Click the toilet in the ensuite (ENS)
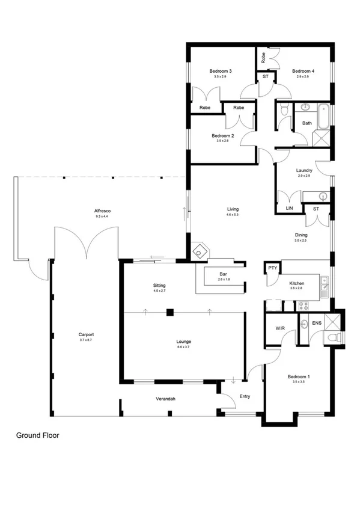coord(335,339)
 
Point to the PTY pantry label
coord(272,268)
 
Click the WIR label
coord(279,329)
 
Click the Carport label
coord(87,334)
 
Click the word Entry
coord(245,396)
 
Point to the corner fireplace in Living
coord(199,252)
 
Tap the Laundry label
coord(304,170)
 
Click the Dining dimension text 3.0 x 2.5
coord(301,241)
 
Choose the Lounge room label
coord(184,342)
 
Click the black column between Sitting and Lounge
coord(170,312)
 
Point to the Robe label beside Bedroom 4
coord(263,57)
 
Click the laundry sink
coord(323,196)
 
